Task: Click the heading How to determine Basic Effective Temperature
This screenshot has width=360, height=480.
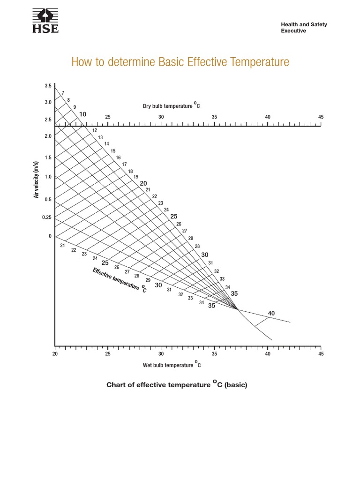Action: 180,62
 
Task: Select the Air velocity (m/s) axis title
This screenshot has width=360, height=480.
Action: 36,180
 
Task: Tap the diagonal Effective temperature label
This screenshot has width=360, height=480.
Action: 120,280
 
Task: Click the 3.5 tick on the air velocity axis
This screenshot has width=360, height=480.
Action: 48,86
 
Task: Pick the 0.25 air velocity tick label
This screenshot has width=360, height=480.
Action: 47,217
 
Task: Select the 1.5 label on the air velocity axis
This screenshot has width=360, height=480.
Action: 48,157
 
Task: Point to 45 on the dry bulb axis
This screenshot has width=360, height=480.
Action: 321,117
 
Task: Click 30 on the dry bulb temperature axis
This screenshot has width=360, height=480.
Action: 161,117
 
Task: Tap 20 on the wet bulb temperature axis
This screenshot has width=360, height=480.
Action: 55,354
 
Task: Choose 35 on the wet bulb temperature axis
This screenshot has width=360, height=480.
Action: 214,354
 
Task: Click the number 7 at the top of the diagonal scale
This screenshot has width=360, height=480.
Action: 63,93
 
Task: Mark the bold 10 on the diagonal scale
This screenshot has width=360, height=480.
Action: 82,114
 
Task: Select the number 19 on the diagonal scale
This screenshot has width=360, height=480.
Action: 136,177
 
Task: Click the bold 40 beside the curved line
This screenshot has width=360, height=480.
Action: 271,313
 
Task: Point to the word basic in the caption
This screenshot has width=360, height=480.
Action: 235,385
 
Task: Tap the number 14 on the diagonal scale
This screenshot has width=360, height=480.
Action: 107,144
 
